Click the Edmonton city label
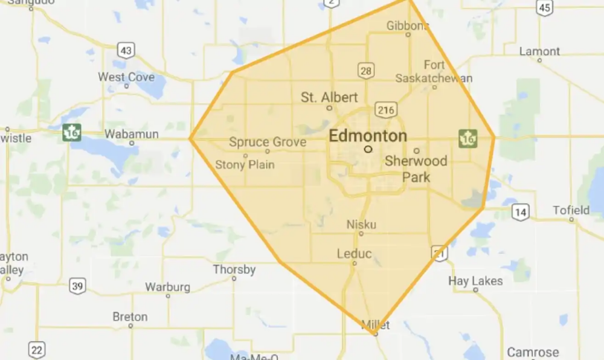pyautogui.click(x=367, y=136)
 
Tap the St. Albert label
pyautogui.click(x=329, y=97)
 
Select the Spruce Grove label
pyautogui.click(x=268, y=143)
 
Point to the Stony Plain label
pyautogui.click(x=245, y=164)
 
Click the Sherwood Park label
pyautogui.click(x=416, y=169)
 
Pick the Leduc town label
pyautogui.click(x=354, y=254)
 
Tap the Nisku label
pyautogui.click(x=361, y=225)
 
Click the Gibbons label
pyautogui.click(x=408, y=25)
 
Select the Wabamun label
pyautogui.click(x=131, y=133)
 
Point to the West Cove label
pyautogui.click(x=126, y=77)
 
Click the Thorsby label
pyautogui.click(x=234, y=269)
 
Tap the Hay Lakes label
pyautogui.click(x=475, y=281)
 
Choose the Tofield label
pyautogui.click(x=571, y=210)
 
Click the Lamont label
pyautogui.click(x=539, y=51)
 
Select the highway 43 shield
pyautogui.click(x=126, y=50)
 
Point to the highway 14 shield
pyautogui.click(x=521, y=211)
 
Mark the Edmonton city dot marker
pyautogui.click(x=367, y=148)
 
